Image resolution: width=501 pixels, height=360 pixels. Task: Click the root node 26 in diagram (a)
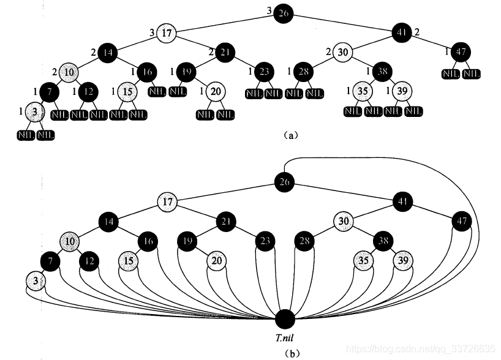[282, 13]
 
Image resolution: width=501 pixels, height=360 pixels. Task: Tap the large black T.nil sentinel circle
[285, 320]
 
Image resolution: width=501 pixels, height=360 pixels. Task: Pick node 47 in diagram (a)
[462, 52]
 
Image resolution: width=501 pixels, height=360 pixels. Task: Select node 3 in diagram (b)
[36, 281]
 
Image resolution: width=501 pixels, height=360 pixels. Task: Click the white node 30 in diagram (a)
[344, 52]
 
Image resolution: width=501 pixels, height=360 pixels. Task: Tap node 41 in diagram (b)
[402, 200]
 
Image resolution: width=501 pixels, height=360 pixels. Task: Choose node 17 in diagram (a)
[167, 32]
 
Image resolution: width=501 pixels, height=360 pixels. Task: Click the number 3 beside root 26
[269, 10]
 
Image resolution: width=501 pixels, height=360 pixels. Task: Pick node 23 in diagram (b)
[265, 241]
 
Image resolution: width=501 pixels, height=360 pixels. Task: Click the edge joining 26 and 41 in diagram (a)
[343, 22]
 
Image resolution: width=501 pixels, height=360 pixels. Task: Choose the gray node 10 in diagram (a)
[70, 72]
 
